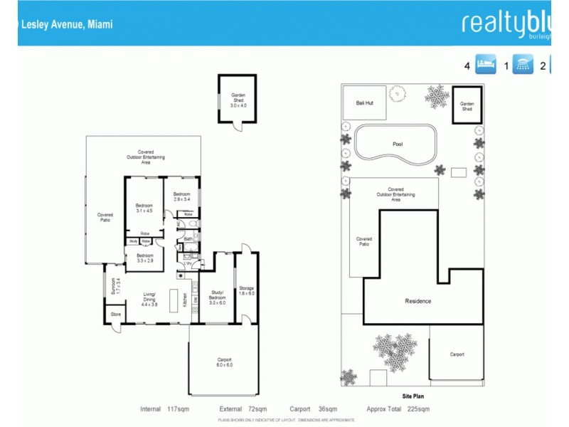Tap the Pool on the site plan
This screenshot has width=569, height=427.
pyautogui.click(x=397, y=144)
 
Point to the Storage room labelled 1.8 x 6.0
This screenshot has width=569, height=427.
pyautogui.click(x=247, y=290)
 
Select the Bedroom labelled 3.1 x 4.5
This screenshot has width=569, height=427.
pyautogui.click(x=144, y=208)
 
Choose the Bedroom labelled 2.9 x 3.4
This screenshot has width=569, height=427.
pyautogui.click(x=183, y=196)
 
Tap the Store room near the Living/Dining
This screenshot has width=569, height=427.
pyautogui.click(x=115, y=314)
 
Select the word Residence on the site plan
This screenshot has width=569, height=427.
pyautogui.click(x=418, y=301)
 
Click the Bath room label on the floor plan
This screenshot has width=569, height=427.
pyautogui.click(x=188, y=239)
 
